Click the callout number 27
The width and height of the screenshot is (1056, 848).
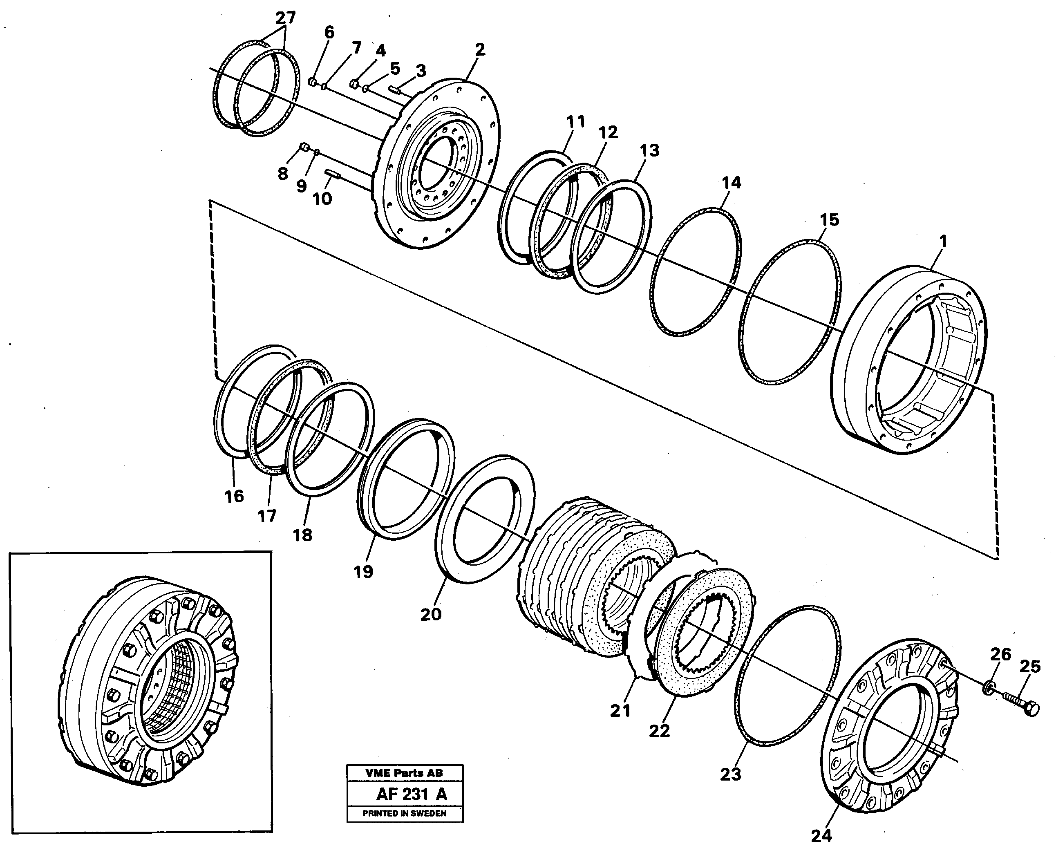(286, 18)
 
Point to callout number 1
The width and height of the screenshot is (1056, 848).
(942, 241)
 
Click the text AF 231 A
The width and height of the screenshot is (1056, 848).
(412, 794)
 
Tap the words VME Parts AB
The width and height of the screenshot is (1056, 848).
(404, 773)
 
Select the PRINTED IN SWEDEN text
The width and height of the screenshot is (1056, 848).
(404, 814)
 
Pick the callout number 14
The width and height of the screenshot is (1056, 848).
(731, 183)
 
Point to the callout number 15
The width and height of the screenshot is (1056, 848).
(829, 219)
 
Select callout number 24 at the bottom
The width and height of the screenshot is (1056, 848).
(821, 836)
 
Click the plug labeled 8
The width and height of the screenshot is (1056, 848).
(304, 146)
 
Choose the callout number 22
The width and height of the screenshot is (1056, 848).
(659, 731)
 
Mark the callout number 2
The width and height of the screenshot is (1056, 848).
(479, 49)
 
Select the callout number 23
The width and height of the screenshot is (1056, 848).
(730, 774)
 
